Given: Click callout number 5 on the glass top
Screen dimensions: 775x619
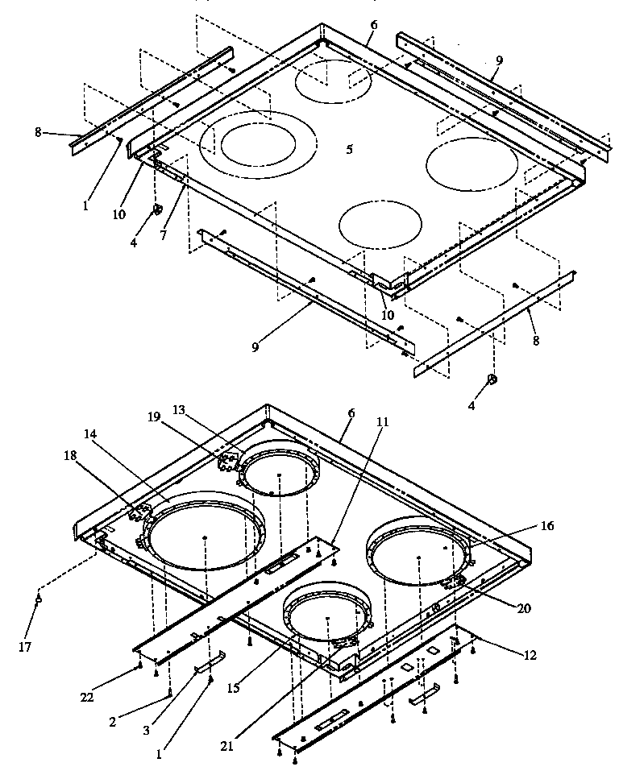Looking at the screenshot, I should (x=349, y=149).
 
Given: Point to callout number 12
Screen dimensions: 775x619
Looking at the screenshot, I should (x=530, y=656).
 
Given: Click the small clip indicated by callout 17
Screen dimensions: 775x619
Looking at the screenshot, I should (x=39, y=599).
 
